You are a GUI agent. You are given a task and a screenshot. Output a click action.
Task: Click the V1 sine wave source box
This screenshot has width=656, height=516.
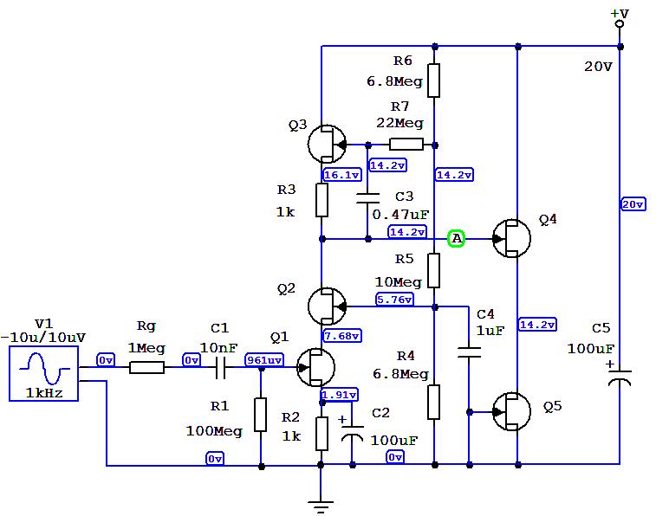(x=43, y=373)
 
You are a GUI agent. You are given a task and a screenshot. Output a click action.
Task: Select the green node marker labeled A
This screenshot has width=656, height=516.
(x=457, y=238)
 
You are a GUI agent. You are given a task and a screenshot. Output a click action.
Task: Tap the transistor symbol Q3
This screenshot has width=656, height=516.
(x=326, y=144)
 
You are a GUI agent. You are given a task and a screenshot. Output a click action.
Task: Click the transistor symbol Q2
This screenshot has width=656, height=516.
(x=326, y=305)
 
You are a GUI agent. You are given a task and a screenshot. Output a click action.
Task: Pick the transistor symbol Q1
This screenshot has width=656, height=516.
(x=314, y=367)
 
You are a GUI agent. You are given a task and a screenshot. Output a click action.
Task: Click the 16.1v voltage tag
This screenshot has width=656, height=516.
(x=338, y=175)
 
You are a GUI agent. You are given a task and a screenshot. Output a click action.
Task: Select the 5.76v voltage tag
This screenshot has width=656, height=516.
(x=394, y=300)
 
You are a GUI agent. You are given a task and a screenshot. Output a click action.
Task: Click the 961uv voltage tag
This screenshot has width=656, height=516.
(x=262, y=360)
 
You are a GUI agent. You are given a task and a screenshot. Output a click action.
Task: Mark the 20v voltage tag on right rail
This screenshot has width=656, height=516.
(x=633, y=204)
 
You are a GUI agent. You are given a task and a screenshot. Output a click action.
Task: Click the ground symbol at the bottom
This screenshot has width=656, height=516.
(x=322, y=506)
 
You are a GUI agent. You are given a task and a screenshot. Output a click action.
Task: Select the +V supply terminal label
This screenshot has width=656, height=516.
(x=619, y=14)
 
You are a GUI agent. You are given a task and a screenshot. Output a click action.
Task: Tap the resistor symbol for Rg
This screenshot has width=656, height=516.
(x=146, y=367)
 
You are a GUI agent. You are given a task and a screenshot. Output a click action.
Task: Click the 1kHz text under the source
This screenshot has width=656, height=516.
(x=43, y=392)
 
